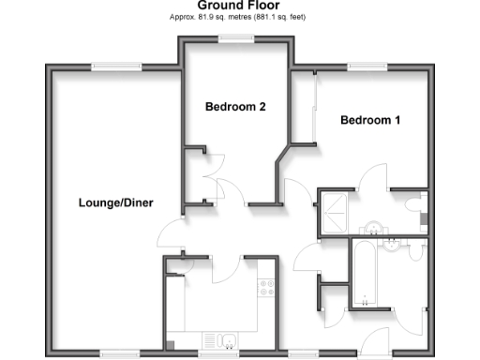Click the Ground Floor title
[x=239, y=5]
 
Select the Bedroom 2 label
[x=235, y=107]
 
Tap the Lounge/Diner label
[x=115, y=202]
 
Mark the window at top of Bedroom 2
[x=235, y=37]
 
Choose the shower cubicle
[x=333, y=211]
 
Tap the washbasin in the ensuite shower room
[x=374, y=228]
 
